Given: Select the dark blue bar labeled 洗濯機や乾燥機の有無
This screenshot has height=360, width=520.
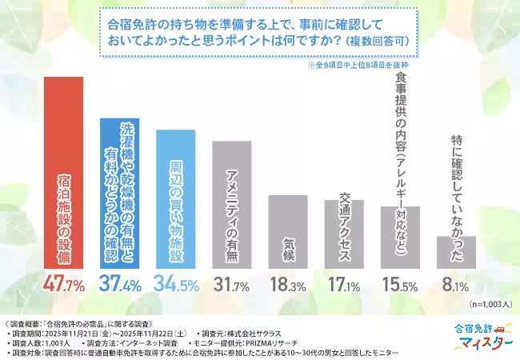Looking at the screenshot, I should click(x=119, y=192).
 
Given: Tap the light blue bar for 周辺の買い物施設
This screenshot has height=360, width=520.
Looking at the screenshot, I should click(x=175, y=198).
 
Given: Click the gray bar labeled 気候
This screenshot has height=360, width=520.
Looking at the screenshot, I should click(x=287, y=230).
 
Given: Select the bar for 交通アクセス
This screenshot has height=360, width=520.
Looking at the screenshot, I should click(x=343, y=233).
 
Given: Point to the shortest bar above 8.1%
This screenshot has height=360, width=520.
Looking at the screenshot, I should click(x=456, y=251).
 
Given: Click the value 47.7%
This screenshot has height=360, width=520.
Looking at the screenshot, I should click(x=63, y=284).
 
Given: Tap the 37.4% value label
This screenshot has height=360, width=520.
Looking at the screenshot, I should click(x=119, y=284).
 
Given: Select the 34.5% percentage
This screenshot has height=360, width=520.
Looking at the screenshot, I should click(x=175, y=284).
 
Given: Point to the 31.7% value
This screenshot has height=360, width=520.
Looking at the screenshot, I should click(x=231, y=284).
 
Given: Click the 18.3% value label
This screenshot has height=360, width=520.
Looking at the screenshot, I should click(x=287, y=284).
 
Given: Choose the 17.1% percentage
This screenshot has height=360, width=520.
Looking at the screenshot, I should click(x=343, y=284).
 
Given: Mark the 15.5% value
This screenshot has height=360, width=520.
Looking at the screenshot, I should click(x=399, y=284).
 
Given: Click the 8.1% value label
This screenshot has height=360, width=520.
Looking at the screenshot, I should click(x=456, y=284).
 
